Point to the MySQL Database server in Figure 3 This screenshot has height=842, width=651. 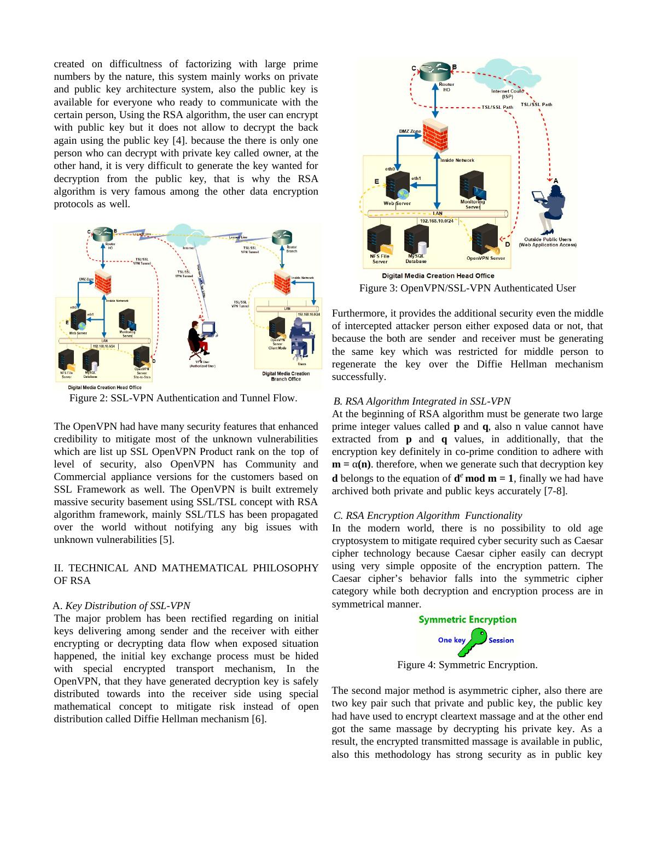coord(416,241)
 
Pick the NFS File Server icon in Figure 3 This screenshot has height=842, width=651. coord(380,241)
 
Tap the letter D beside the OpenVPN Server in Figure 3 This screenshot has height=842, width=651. coord(507,244)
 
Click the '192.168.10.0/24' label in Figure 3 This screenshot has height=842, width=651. coord(437,221)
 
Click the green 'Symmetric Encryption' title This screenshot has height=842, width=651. coord(467,619)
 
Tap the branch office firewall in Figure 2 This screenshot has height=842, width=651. coord(282,282)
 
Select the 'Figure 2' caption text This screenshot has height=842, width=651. coord(183,398)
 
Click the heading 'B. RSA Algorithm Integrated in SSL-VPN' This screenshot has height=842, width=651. coord(422,401)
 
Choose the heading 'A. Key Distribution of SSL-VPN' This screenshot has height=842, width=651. coord(121,606)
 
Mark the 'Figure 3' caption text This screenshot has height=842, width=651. coord(467,288)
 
